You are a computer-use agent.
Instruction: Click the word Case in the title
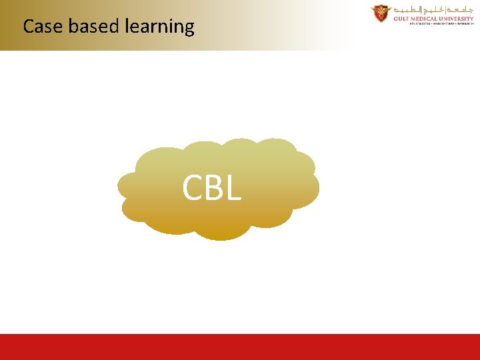(x=43, y=27)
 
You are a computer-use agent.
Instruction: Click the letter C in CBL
(x=193, y=188)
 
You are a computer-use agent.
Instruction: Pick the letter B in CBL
(x=212, y=188)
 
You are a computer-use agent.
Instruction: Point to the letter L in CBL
(x=231, y=188)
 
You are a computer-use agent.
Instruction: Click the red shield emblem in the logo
(x=381, y=13)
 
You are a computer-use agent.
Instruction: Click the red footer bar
(x=240, y=347)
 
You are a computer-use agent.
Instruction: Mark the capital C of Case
(x=28, y=27)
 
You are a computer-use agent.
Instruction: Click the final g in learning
(x=189, y=29)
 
